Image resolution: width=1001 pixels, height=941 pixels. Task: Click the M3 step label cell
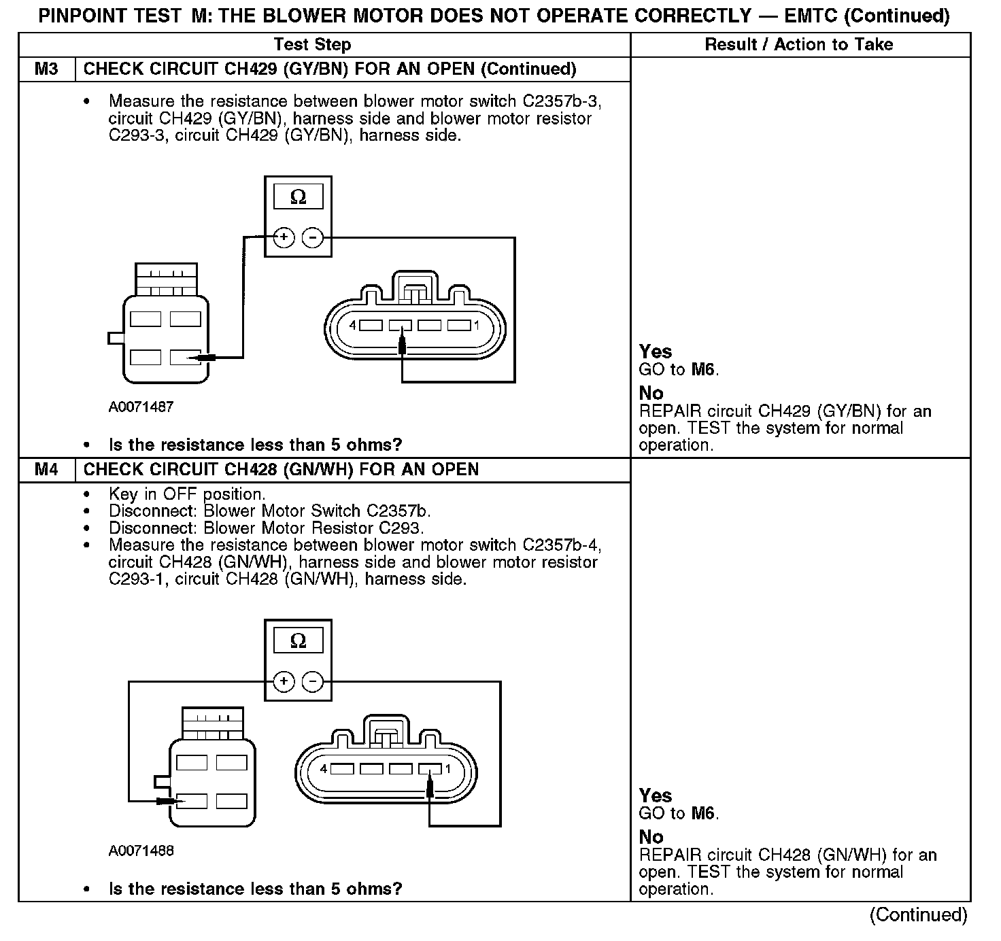(46, 69)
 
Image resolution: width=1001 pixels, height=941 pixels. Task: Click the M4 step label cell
(46, 470)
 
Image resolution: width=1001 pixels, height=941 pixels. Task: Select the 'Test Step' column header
(312, 45)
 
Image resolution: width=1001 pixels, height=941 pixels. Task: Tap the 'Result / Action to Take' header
(799, 45)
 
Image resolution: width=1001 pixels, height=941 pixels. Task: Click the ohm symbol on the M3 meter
(298, 197)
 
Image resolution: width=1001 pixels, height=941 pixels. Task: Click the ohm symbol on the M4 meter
(298, 641)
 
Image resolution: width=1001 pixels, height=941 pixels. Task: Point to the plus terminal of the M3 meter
(284, 238)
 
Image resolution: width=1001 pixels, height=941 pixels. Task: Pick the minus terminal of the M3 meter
(312, 238)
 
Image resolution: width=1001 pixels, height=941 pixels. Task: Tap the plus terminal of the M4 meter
(284, 682)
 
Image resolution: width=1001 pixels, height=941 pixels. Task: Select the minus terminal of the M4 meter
(312, 682)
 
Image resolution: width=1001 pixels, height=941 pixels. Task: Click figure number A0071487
(141, 407)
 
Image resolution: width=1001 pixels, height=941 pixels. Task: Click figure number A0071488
(141, 851)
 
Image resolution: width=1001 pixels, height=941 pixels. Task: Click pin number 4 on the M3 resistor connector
(352, 326)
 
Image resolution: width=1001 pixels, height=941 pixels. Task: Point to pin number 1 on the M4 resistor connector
(447, 769)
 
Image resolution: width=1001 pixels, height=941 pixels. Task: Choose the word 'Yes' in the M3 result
(656, 352)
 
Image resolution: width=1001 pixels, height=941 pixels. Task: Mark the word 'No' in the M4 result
(651, 837)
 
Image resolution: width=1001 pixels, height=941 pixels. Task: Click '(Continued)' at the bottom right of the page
(917, 915)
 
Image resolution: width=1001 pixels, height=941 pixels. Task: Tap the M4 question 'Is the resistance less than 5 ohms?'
(255, 889)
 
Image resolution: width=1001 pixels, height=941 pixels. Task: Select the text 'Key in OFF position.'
(187, 494)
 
